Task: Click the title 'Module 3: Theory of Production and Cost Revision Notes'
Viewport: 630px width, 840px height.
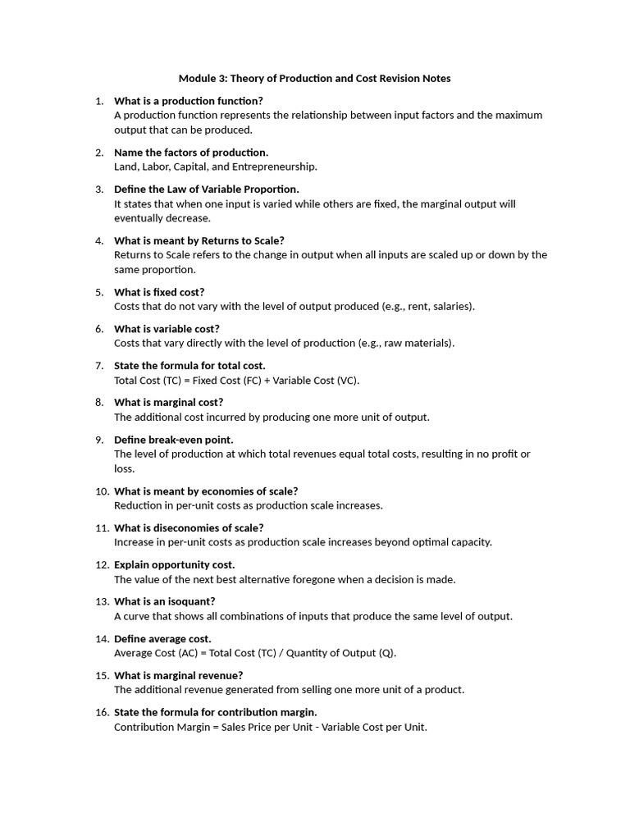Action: (315, 79)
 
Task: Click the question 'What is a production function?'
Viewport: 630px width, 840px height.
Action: (189, 101)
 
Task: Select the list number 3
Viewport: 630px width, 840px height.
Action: (98, 189)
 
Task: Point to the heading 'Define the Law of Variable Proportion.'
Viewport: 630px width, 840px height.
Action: (207, 189)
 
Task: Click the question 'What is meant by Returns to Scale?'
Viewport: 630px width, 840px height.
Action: (199, 240)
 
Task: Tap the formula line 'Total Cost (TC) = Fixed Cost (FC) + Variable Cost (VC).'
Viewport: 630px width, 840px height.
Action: (237, 380)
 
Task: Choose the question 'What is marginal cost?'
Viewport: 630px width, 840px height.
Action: (168, 402)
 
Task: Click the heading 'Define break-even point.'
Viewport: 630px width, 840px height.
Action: (174, 440)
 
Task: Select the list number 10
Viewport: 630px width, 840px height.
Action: (102, 491)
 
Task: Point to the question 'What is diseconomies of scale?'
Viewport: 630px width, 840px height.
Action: (189, 527)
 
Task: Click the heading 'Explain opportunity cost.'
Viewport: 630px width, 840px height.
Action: (175, 564)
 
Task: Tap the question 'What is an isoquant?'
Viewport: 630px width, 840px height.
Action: (165, 601)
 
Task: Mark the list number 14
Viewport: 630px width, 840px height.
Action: (102, 638)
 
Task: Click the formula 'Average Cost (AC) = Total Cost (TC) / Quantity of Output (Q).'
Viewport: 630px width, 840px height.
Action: (255, 653)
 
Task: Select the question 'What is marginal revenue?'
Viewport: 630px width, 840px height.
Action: (179, 675)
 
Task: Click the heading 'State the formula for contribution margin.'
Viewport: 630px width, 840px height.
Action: (216, 712)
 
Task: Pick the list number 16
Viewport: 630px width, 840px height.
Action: (102, 712)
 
